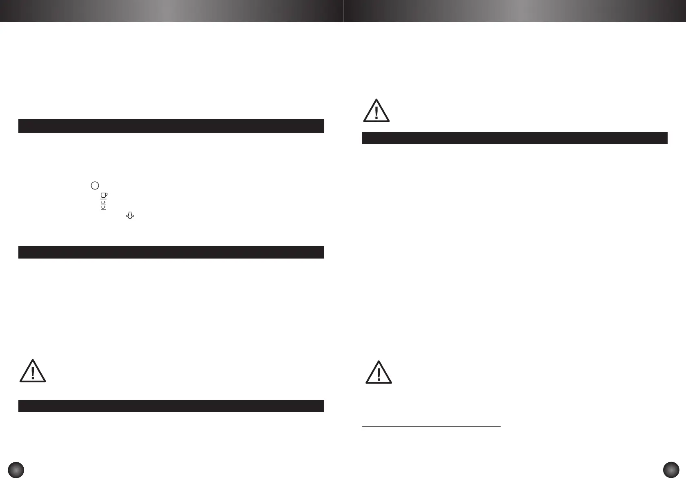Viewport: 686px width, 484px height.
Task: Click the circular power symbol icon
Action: tap(94, 185)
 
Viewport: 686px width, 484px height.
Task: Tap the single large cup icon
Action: tap(104, 196)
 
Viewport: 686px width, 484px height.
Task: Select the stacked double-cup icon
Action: tap(103, 205)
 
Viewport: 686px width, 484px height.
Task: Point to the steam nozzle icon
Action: tap(130, 216)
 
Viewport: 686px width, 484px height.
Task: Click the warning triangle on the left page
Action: tap(33, 372)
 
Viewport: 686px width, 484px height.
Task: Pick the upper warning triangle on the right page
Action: tap(376, 111)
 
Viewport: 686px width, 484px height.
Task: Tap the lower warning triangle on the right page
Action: tap(379, 372)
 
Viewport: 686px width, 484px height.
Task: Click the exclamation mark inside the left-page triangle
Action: tap(33, 373)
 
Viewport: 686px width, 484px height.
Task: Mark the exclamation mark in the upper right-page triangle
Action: tap(376, 112)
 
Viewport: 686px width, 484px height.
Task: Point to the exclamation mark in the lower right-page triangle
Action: tap(379, 374)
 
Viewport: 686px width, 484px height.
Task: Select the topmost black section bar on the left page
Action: tap(171, 126)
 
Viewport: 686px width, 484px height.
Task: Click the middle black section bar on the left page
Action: tap(171, 252)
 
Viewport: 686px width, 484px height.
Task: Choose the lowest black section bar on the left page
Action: tap(171, 406)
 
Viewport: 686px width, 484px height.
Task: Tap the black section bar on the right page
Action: tap(514, 138)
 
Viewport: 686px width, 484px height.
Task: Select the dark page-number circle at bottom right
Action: tap(671, 469)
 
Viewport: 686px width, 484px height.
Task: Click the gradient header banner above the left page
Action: tap(171, 11)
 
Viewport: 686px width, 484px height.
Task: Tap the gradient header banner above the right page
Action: tap(514, 11)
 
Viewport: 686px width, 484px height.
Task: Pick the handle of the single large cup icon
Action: tap(107, 195)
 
